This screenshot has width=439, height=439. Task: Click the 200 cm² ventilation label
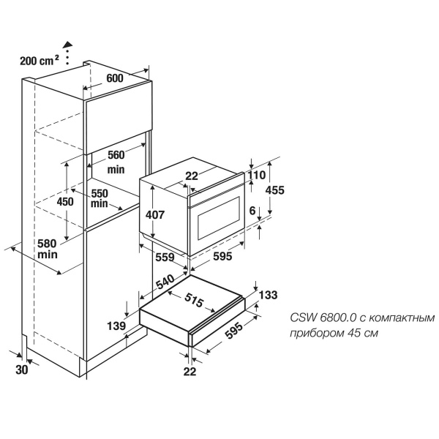click(40, 61)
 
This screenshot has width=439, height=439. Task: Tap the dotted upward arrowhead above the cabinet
click(67, 44)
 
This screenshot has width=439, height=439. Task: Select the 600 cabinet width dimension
click(115, 78)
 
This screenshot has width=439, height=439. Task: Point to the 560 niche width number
click(116, 155)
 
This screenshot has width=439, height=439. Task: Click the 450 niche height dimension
click(65, 202)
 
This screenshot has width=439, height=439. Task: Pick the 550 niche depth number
click(100, 193)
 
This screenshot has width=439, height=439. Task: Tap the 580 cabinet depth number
click(47, 244)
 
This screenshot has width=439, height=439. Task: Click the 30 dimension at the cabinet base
click(22, 370)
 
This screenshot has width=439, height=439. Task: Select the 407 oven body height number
click(155, 214)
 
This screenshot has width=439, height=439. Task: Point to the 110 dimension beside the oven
click(257, 176)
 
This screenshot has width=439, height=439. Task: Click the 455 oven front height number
click(274, 190)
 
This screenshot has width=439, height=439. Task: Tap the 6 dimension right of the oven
click(252, 211)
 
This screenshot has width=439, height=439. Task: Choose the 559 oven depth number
click(165, 257)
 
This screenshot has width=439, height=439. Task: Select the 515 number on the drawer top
click(193, 301)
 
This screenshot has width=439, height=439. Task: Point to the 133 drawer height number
click(269, 295)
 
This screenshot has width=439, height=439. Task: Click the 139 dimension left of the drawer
click(116, 326)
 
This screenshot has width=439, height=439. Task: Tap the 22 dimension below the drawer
click(190, 372)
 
